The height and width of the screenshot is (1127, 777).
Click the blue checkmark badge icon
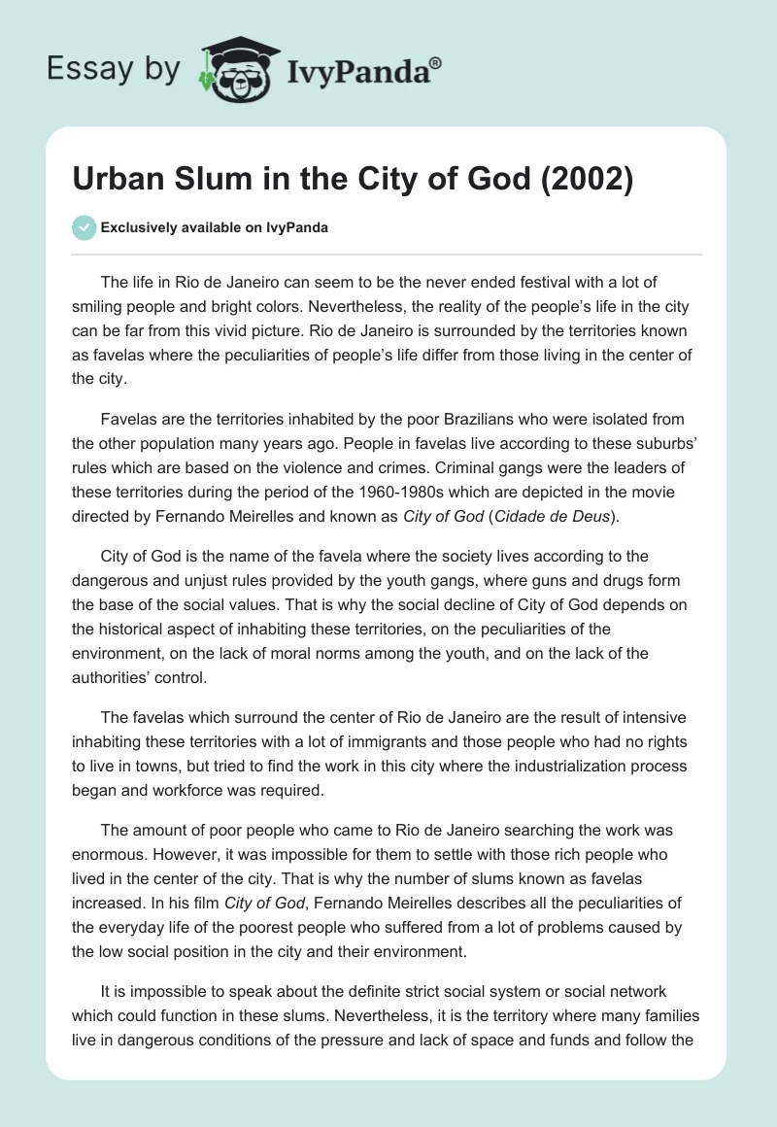(x=84, y=227)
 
